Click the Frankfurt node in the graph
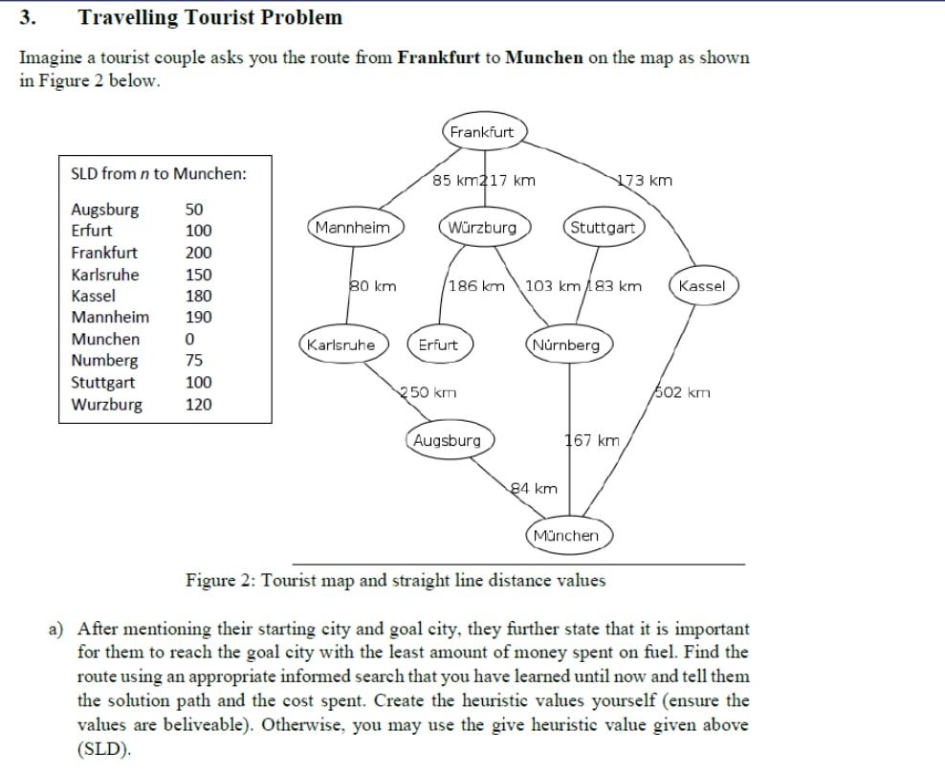tap(482, 132)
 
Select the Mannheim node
tap(353, 228)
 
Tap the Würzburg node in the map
tap(481, 228)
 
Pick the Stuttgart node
tap(603, 228)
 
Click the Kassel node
tap(702, 286)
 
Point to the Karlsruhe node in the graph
tap(341, 344)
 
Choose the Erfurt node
tap(438, 344)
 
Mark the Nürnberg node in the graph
tap(567, 344)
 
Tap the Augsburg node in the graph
tap(448, 441)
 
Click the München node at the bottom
tap(566, 535)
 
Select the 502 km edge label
tap(683, 392)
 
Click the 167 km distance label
tap(592, 441)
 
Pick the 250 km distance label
tap(428, 392)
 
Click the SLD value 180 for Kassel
tap(198, 297)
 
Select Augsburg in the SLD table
tap(105, 210)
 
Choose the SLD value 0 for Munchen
tap(189, 340)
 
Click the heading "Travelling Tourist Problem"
tap(209, 17)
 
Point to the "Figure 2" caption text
tap(394, 580)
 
